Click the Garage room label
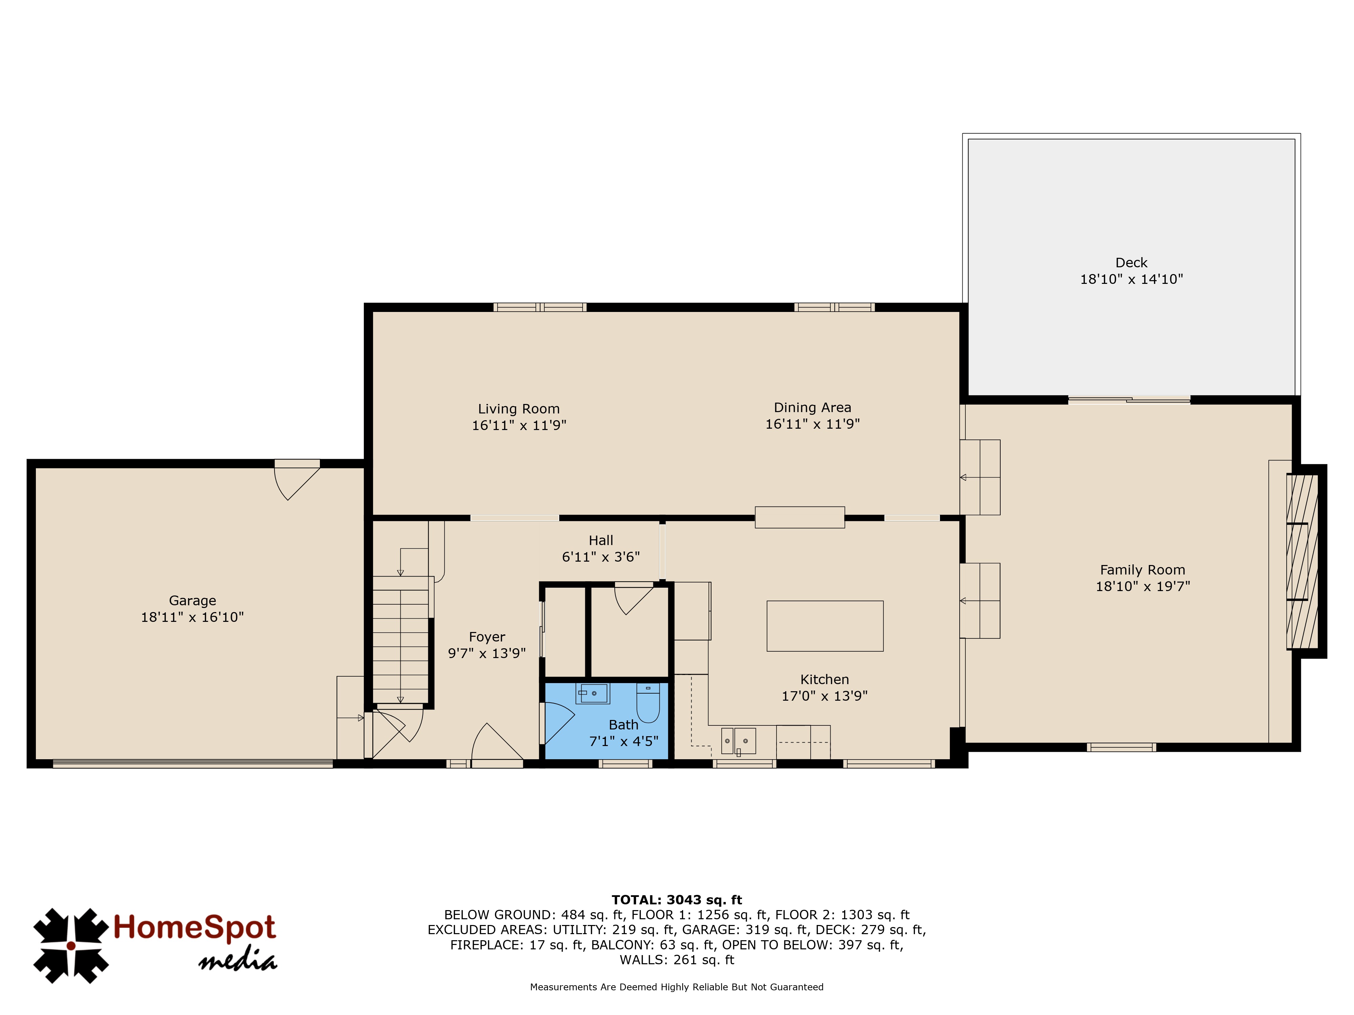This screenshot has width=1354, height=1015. (192, 601)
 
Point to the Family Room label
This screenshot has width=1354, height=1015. (1142, 570)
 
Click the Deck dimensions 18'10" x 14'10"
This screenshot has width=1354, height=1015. (1131, 279)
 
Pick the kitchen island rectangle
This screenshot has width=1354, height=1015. (825, 626)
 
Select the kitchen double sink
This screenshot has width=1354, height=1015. (738, 741)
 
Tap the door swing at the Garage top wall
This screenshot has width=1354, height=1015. (297, 480)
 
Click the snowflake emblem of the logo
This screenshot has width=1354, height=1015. (71, 946)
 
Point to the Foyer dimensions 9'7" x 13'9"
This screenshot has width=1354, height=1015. (487, 653)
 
